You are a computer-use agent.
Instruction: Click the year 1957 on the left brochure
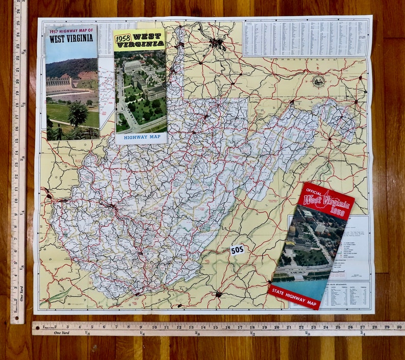tap(55, 31)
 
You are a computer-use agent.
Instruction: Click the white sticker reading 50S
tap(237, 250)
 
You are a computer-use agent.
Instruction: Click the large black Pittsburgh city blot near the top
tap(217, 43)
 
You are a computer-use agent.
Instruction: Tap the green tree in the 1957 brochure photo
tap(78, 112)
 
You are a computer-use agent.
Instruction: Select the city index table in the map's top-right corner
tap(306, 38)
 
